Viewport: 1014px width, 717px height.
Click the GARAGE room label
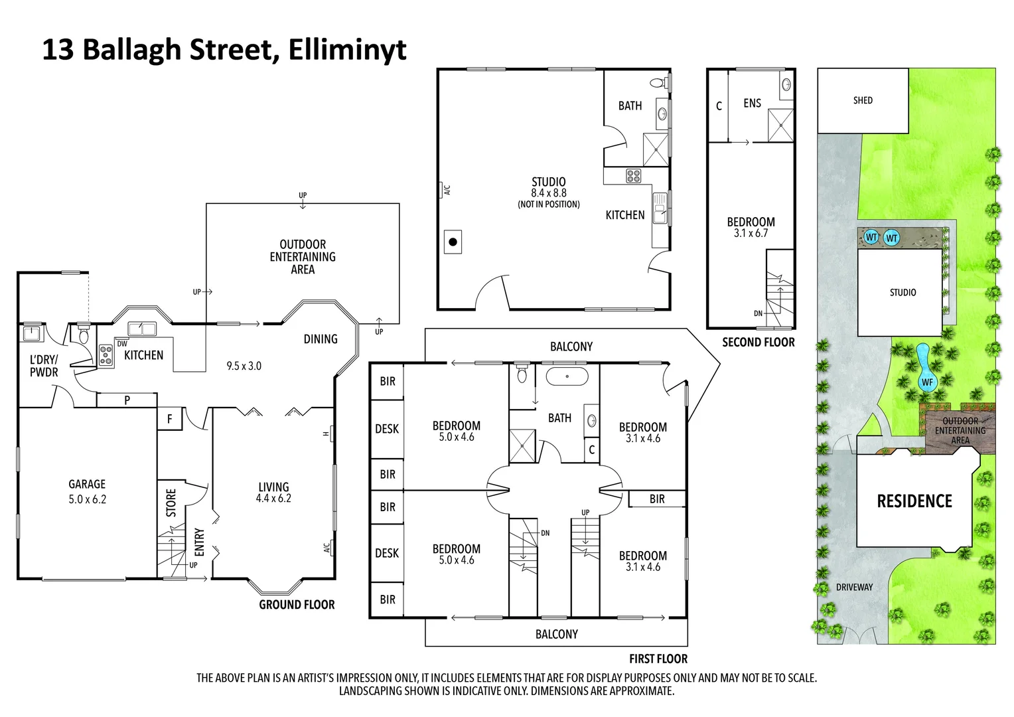pyautogui.click(x=87, y=485)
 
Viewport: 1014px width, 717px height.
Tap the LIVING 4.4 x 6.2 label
pyautogui.click(x=273, y=493)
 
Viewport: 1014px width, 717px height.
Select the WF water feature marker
pyautogui.click(x=926, y=382)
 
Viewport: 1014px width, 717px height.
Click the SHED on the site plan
pyautogui.click(x=863, y=100)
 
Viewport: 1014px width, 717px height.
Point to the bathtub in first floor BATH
pyautogui.click(x=566, y=376)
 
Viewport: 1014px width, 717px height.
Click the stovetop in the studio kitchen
pyautogui.click(x=633, y=176)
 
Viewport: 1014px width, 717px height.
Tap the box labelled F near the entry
pyautogui.click(x=169, y=419)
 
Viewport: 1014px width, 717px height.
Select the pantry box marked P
pyautogui.click(x=127, y=400)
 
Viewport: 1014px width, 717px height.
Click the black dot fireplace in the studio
pyautogui.click(x=453, y=242)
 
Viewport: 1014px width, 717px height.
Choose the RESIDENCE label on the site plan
pyautogui.click(x=914, y=501)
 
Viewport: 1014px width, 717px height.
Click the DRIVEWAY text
pyautogui.click(x=854, y=587)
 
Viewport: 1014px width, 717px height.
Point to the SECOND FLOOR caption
pyautogui.click(x=758, y=343)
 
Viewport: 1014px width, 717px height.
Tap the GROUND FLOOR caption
pyautogui.click(x=297, y=605)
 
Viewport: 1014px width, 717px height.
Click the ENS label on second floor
pyautogui.click(x=752, y=104)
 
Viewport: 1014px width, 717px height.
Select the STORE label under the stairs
pyautogui.click(x=171, y=503)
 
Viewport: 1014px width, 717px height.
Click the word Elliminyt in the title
pyautogui.click(x=347, y=50)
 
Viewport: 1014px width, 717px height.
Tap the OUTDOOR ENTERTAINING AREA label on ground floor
pyautogui.click(x=303, y=257)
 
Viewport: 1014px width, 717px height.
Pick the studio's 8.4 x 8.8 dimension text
pyautogui.click(x=548, y=193)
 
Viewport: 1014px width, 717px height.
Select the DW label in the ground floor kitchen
pyautogui.click(x=122, y=344)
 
